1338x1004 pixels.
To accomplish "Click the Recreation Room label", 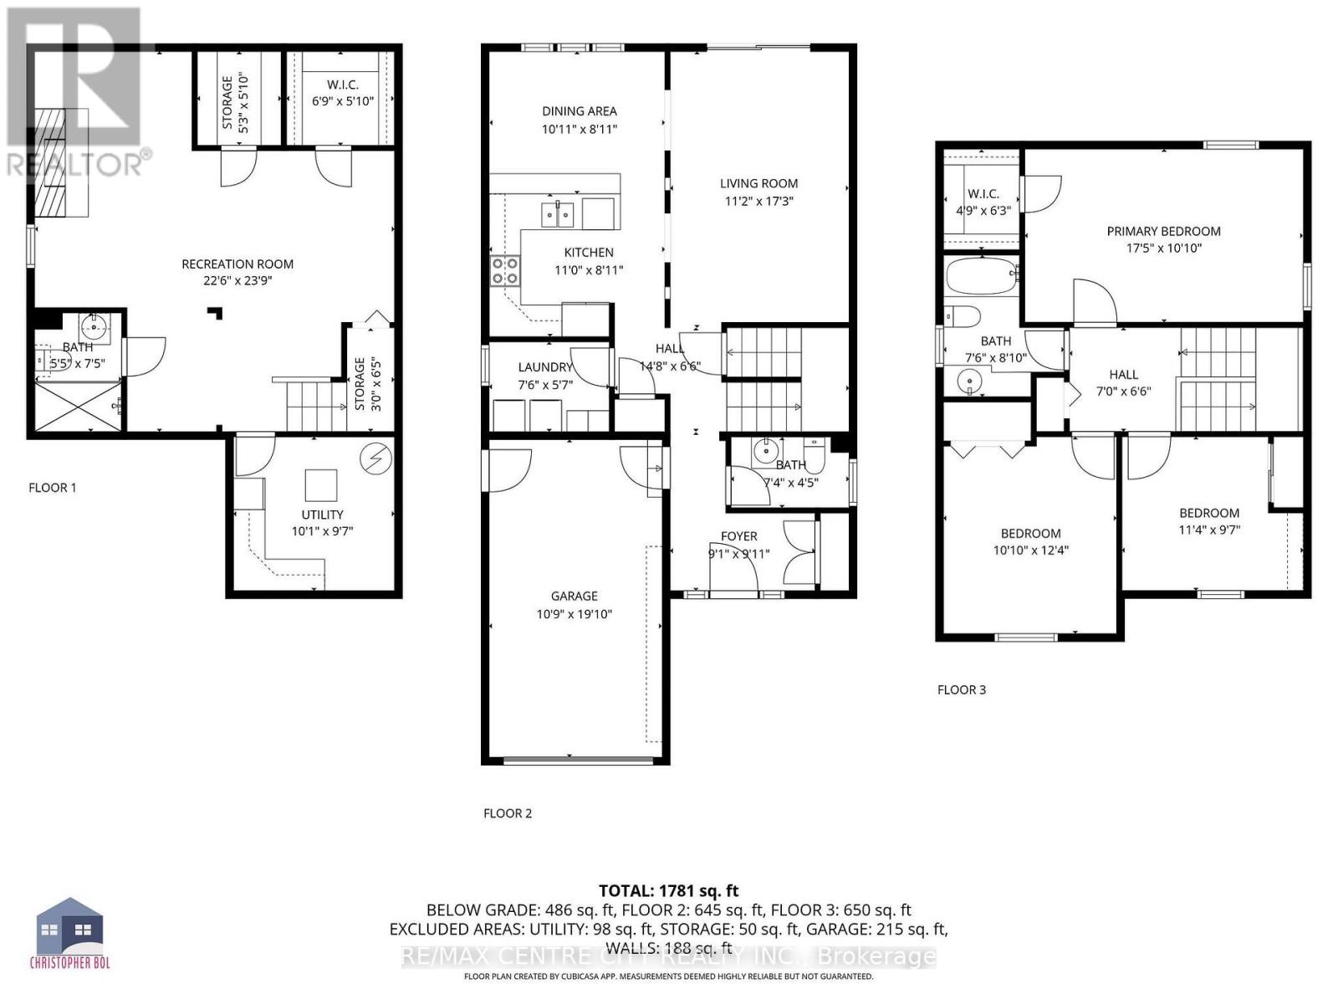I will click(x=237, y=264).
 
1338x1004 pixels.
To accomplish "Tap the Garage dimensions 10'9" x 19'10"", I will click(x=574, y=615).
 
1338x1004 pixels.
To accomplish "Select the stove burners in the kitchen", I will click(x=504, y=271).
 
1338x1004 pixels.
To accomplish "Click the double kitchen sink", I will click(x=557, y=215).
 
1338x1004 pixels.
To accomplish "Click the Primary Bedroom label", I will click(x=1163, y=231).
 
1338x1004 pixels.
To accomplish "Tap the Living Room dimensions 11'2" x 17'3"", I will click(x=758, y=202).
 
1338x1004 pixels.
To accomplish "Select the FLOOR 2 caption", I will click(x=508, y=813).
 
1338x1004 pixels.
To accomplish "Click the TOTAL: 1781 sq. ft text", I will click(x=668, y=891).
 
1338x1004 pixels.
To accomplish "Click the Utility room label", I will click(x=322, y=515).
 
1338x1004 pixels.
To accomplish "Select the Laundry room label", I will click(x=544, y=366).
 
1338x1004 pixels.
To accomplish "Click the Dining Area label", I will click(x=579, y=110).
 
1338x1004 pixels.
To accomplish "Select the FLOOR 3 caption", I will click(x=962, y=689).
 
